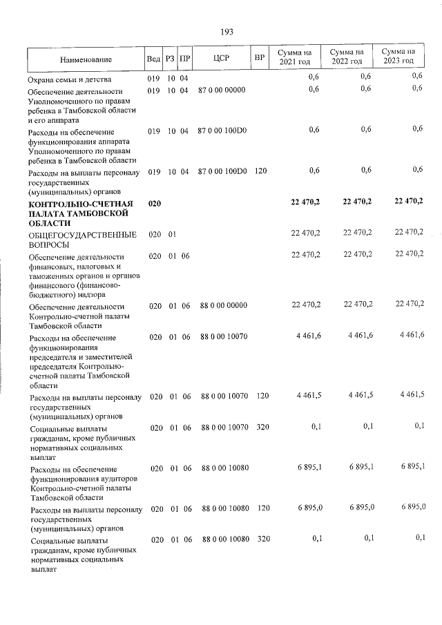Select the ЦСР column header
pyautogui.click(x=222, y=59)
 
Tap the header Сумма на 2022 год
pyautogui.click(x=346, y=57)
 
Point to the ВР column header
pyautogui.click(x=260, y=57)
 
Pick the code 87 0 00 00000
pyautogui.click(x=221, y=90)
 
